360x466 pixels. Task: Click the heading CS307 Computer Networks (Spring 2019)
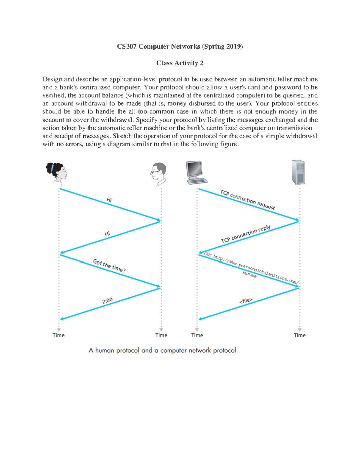pyautogui.click(x=180, y=47)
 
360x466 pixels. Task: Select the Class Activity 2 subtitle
pyautogui.click(x=180, y=63)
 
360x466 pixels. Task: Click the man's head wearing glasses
pyautogui.click(x=158, y=173)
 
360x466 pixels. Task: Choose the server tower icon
pyautogui.click(x=298, y=172)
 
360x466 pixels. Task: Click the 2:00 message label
pyautogui.click(x=107, y=300)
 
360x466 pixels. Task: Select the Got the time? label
pyautogui.click(x=109, y=266)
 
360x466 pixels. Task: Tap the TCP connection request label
pyautogui.click(x=247, y=200)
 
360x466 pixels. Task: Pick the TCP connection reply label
pyautogui.click(x=245, y=234)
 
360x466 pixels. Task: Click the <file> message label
pyautogui.click(x=246, y=301)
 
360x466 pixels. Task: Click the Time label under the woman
pyautogui.click(x=58, y=335)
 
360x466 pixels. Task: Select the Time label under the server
pyautogui.click(x=299, y=335)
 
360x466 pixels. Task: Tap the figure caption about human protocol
pyautogui.click(x=162, y=350)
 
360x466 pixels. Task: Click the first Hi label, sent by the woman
pyautogui.click(x=109, y=200)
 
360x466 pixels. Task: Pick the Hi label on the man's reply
pyautogui.click(x=107, y=234)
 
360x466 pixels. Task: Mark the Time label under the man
pyautogui.click(x=161, y=335)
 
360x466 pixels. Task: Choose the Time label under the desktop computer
pyautogui.click(x=197, y=335)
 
